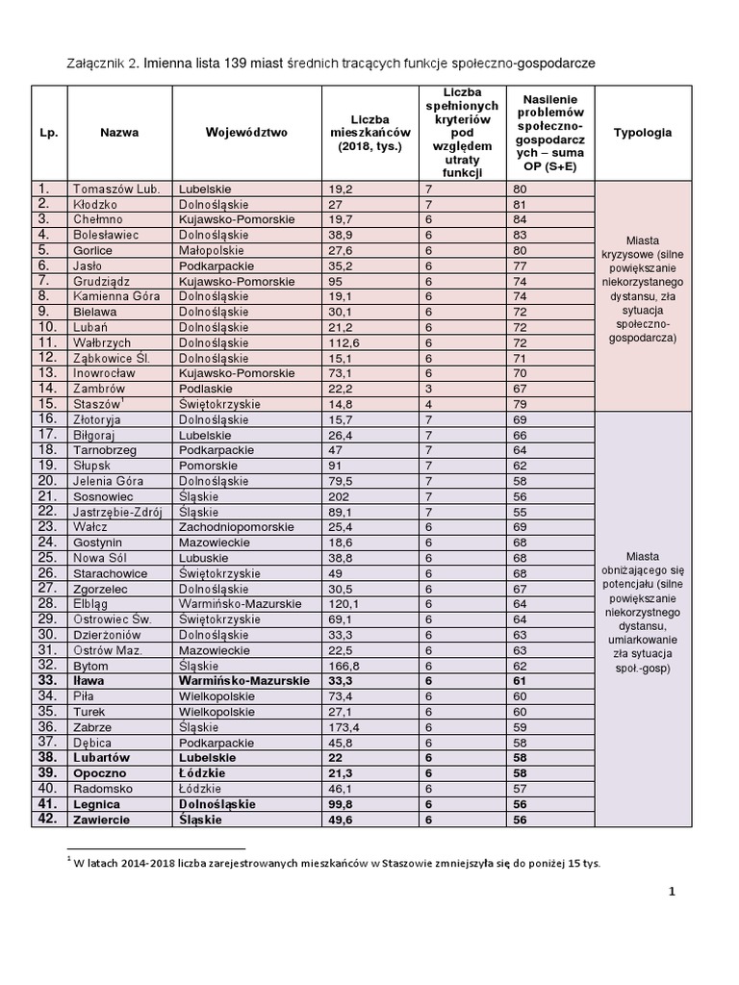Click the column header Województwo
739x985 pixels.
(x=246, y=133)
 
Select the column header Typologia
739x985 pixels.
(x=642, y=133)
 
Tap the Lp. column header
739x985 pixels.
(x=49, y=133)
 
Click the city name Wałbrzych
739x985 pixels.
(x=101, y=342)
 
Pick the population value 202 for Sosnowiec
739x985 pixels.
(x=339, y=496)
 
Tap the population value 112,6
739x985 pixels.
(x=344, y=342)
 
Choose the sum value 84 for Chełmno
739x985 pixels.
(x=521, y=219)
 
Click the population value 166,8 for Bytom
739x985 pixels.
(x=344, y=666)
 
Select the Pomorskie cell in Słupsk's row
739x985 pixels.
(x=208, y=466)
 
